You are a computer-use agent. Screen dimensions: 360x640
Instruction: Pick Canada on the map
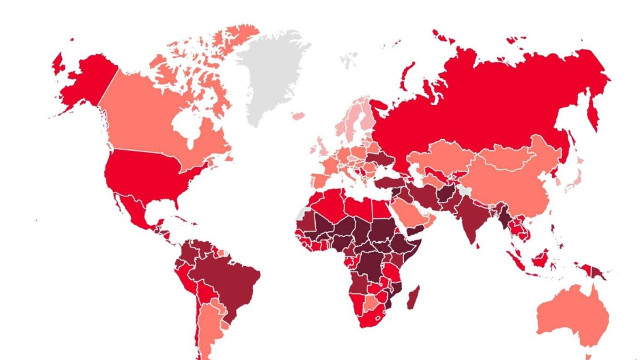tap(144, 117)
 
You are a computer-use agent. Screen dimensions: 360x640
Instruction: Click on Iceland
tap(298, 116)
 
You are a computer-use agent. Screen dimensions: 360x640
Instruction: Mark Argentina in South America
tap(211, 325)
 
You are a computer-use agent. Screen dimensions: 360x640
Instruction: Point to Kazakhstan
tap(443, 155)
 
